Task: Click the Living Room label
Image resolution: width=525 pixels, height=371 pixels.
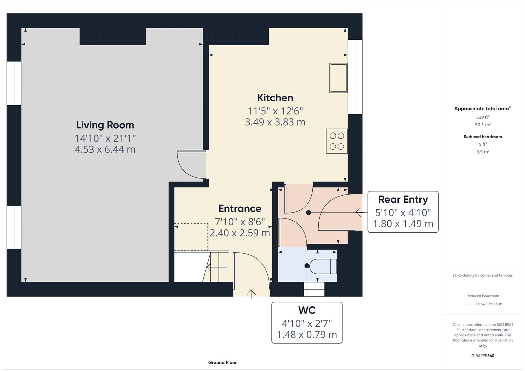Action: point(105,125)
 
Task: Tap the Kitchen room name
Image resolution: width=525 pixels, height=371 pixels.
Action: point(275,98)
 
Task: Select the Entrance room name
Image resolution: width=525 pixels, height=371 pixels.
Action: point(240,209)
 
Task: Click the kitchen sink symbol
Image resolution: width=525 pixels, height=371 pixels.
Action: point(338,78)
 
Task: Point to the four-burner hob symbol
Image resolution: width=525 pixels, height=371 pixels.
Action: point(337,141)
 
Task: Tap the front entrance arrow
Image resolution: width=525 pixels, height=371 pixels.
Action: point(251,294)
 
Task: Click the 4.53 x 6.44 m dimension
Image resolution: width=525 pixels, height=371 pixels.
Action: point(105,150)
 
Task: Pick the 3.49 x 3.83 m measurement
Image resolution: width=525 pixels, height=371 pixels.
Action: point(275,122)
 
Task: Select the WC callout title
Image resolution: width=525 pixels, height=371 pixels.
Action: point(307,310)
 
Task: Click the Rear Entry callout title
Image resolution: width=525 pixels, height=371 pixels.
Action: point(403,199)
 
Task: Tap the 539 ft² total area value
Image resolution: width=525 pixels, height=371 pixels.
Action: point(483,117)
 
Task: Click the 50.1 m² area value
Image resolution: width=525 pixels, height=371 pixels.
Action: point(483,125)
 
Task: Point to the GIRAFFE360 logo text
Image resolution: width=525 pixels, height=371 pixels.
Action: point(483,356)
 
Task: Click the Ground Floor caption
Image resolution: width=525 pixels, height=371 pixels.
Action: point(222,362)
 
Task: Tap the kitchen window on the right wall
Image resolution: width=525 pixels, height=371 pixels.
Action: point(355,77)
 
